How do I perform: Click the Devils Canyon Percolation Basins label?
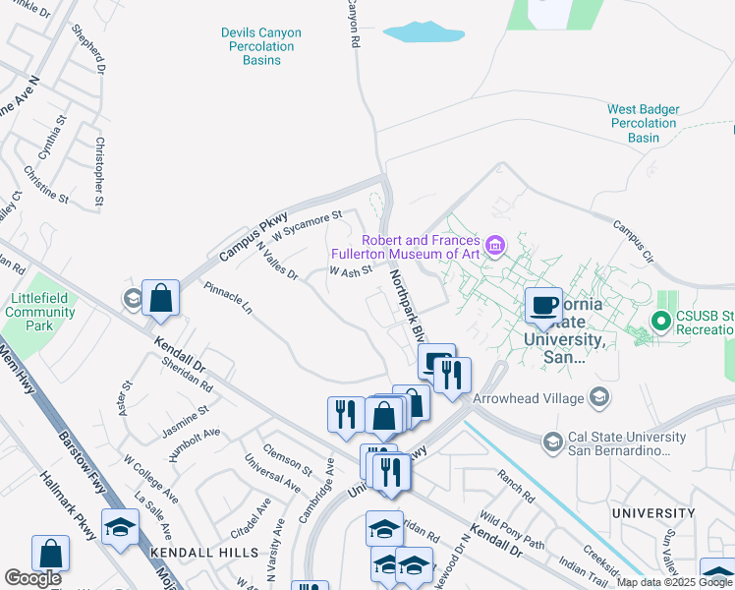click(260, 46)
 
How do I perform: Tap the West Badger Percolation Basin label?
click(644, 124)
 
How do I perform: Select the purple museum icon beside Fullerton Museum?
click(494, 243)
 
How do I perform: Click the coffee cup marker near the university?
click(542, 303)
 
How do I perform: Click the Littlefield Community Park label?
click(39, 312)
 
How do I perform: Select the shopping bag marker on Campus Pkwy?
click(160, 297)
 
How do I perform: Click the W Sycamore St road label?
click(307, 226)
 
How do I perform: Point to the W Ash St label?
click(351, 270)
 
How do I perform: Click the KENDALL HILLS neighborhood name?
click(203, 554)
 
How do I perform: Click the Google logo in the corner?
click(33, 578)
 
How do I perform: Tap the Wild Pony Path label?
click(511, 529)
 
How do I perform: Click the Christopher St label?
click(100, 172)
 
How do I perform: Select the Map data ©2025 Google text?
click(674, 582)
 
